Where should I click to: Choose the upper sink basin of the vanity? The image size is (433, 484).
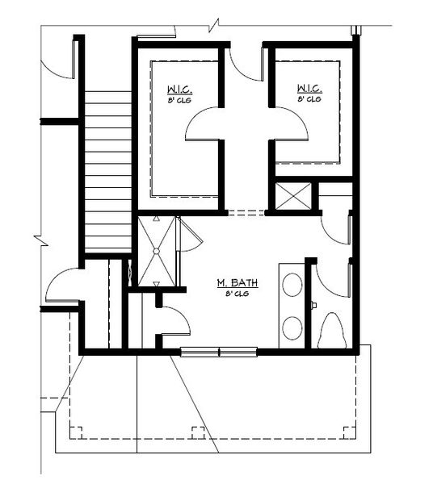[x=292, y=286]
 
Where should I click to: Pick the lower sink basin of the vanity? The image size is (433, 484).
[x=292, y=327]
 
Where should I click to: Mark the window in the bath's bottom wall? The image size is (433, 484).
[x=218, y=350]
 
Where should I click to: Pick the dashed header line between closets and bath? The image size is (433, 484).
[x=246, y=213]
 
